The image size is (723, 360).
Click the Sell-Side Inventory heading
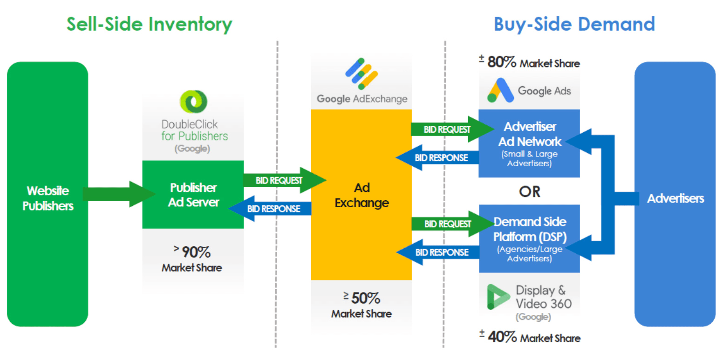click(x=149, y=24)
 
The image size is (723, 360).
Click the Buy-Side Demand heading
click(x=574, y=23)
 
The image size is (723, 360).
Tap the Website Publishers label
click(x=48, y=198)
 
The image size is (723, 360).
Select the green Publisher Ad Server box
click(x=193, y=195)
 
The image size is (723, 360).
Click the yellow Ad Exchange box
click(x=361, y=195)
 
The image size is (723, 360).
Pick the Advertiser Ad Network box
click(x=529, y=143)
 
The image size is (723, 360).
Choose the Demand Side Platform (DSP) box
click(x=529, y=238)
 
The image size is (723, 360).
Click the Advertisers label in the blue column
click(x=675, y=198)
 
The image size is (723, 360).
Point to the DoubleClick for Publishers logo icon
click(x=193, y=101)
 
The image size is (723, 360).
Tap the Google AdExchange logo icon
click(x=361, y=74)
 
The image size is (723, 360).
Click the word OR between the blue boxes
click(x=529, y=191)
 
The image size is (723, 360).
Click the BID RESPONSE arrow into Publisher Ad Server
click(x=270, y=209)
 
